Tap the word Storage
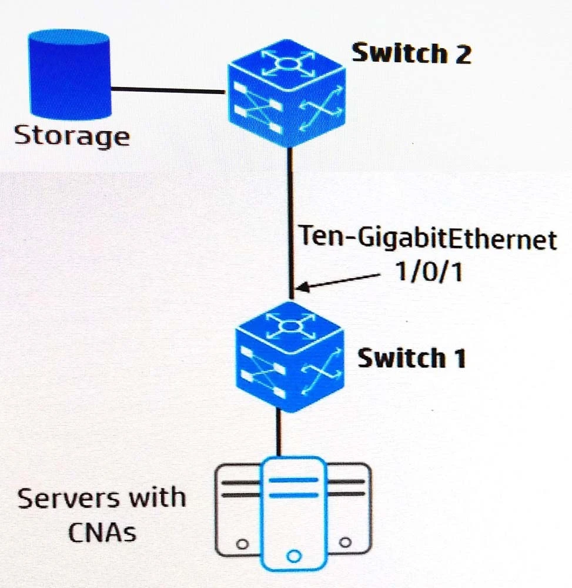click(x=71, y=136)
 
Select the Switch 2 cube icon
click(x=286, y=94)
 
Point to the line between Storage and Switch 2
click(x=168, y=90)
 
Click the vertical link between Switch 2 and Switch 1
click(x=290, y=223)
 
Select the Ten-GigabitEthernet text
click(x=428, y=240)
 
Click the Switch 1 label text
click(x=411, y=358)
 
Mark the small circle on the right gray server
click(x=346, y=542)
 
